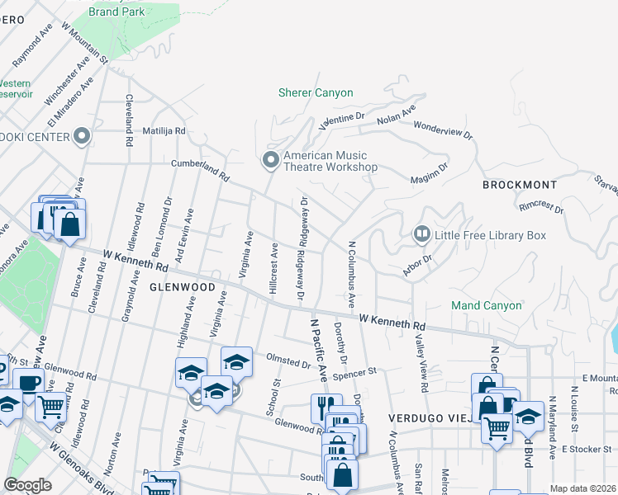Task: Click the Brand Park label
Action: point(116,12)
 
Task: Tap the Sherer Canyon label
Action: point(316,93)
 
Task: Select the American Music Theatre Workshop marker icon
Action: point(270,160)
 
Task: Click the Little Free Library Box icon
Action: point(421,235)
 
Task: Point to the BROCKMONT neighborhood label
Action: point(520,185)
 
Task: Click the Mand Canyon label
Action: point(487,305)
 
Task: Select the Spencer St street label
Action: point(354,374)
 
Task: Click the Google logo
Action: point(27,485)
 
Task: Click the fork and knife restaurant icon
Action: point(326,408)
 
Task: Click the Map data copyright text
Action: point(583,488)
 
